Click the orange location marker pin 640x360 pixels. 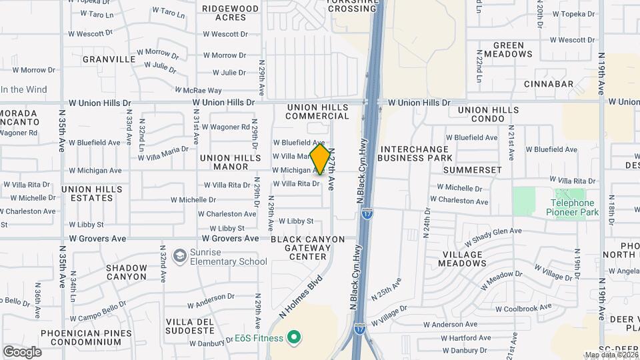pos(321,159)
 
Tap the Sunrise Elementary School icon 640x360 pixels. pos(179,256)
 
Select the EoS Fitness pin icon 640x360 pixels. pos(291,338)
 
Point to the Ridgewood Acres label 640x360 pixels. pos(230,13)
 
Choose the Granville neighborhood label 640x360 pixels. pos(109,59)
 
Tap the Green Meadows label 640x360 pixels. pos(508,49)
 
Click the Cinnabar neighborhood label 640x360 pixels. pos(549,84)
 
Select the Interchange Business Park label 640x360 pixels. pos(415,153)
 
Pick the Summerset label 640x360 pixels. pos(472,170)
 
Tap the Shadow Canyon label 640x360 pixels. pos(126,272)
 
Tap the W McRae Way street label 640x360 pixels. pos(198,90)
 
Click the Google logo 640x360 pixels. pos(22,351)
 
